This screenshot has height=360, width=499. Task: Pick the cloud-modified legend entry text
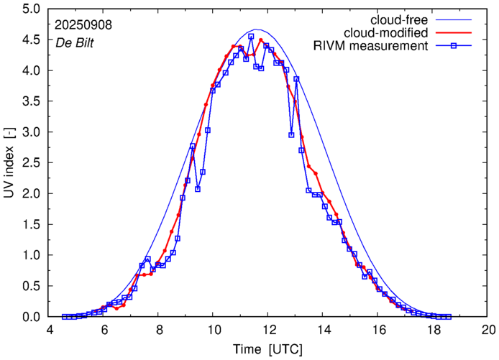pos(387,33)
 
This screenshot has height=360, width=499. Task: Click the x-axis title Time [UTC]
pos(267,349)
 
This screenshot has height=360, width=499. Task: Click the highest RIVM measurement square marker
pos(251,37)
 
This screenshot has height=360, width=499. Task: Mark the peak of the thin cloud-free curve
pos(257,29)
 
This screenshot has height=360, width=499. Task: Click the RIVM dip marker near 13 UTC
pos(291,134)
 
